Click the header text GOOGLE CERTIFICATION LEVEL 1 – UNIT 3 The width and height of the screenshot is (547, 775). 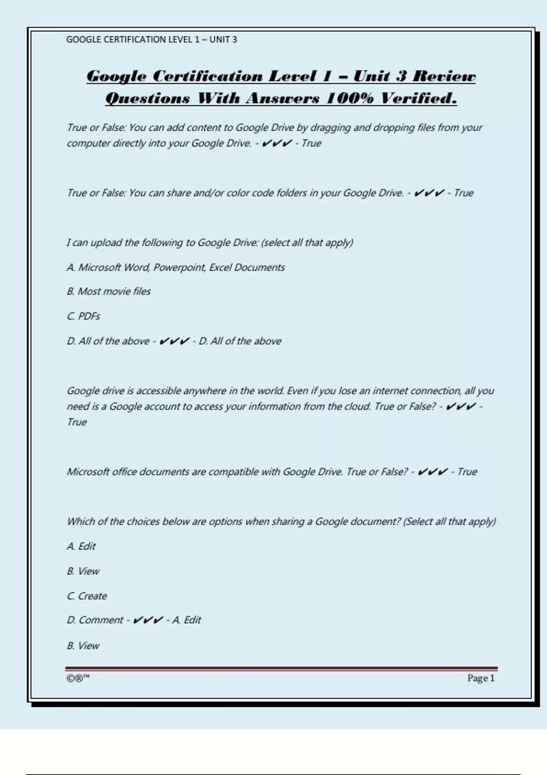[151, 40]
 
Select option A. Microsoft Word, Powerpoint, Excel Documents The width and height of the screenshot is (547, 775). [175, 268]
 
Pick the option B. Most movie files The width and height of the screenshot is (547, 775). [108, 291]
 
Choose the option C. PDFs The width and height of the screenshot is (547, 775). [83, 316]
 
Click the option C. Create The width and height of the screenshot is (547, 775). [87, 596]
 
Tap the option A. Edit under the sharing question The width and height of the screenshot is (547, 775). [81, 546]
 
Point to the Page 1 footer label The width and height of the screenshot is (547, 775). [480, 678]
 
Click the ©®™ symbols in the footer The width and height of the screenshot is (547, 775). [78, 678]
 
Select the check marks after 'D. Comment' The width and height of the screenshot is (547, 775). [148, 620]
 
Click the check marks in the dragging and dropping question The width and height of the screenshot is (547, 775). [277, 144]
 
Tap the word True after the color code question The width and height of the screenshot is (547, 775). [464, 193]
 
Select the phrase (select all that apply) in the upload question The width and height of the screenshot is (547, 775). [307, 243]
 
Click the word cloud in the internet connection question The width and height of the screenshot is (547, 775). [357, 406]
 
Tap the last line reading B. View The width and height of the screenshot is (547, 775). [83, 646]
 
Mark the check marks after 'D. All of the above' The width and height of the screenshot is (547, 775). [174, 341]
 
